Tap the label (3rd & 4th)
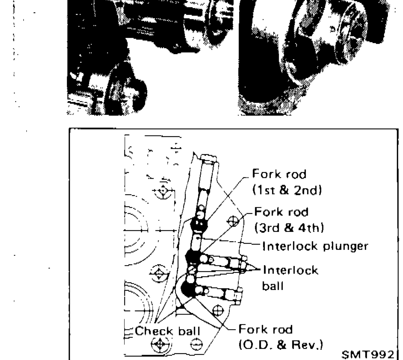point(289,228)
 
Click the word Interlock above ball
point(290,270)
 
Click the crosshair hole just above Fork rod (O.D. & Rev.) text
point(218,310)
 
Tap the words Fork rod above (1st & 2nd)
point(279,175)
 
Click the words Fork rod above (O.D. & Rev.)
point(266,330)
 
